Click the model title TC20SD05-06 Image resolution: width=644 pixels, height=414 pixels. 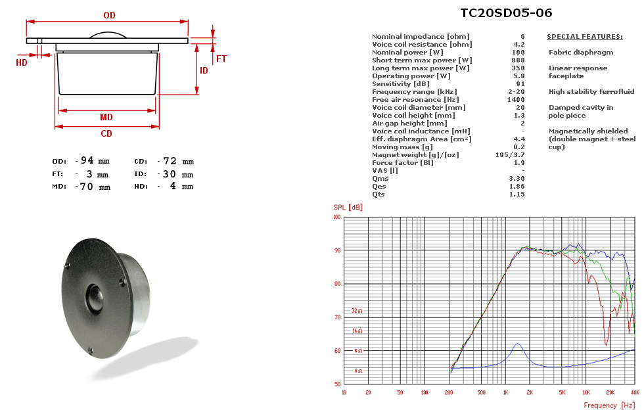pyautogui.click(x=506, y=12)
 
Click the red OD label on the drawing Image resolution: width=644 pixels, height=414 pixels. pyautogui.click(x=109, y=15)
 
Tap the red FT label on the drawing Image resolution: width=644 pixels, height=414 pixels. pyautogui.click(x=221, y=58)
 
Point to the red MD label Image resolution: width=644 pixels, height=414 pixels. pyautogui.click(x=106, y=117)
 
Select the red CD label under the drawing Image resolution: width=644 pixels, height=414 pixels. pyautogui.click(x=106, y=133)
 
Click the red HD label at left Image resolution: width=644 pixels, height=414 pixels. pyautogui.click(x=21, y=62)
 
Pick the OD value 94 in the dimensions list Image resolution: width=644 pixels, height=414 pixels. pyautogui.click(x=87, y=160)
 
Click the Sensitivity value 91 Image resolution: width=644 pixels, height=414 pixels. pyautogui.click(x=520, y=84)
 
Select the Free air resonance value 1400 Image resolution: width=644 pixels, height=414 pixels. pyautogui.click(x=516, y=99)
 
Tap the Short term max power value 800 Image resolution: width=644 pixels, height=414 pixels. pyautogui.click(x=518, y=60)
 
